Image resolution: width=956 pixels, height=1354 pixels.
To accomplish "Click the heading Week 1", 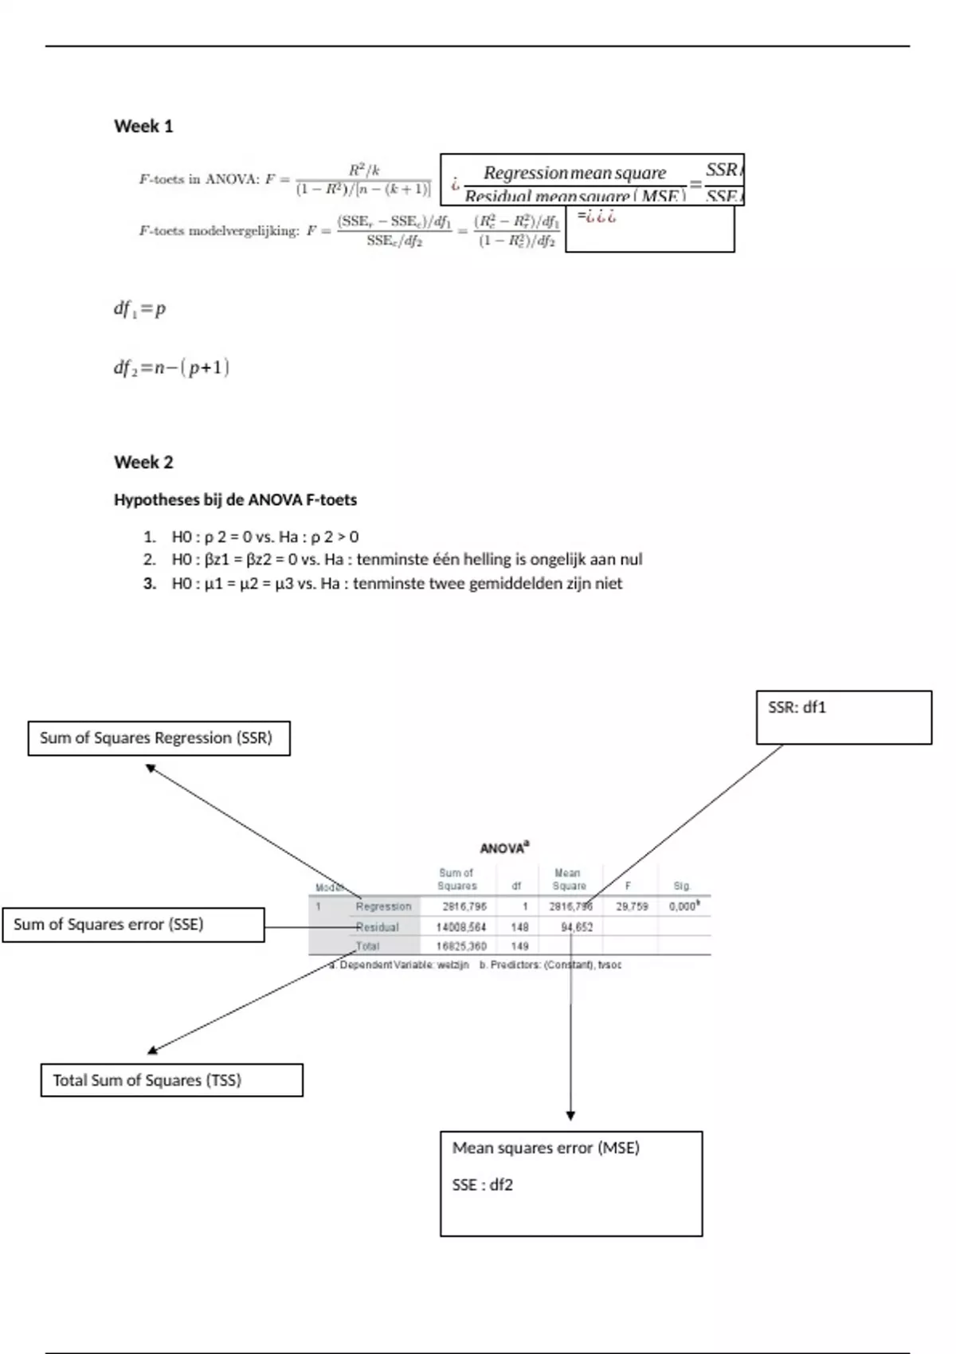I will point(143,126).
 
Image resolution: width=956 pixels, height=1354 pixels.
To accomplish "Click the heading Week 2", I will point(143,462).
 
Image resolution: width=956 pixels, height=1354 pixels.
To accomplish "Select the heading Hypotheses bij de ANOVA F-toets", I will point(235,500).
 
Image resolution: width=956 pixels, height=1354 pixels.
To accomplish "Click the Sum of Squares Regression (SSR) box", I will point(159,738).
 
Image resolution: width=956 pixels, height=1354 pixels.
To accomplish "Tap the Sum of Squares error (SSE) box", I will point(133,925).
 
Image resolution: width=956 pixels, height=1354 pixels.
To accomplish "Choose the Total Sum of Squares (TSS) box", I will point(171,1081).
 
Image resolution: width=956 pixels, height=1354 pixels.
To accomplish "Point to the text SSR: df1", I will point(797,707).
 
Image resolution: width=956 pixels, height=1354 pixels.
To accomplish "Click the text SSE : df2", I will point(482,1185).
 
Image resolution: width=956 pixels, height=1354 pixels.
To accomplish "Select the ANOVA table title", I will point(504,848).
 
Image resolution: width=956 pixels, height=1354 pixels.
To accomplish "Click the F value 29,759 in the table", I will point(632,906).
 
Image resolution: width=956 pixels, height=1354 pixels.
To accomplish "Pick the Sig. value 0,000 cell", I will point(684,906).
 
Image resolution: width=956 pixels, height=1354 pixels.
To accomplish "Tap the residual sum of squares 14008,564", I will point(461,927).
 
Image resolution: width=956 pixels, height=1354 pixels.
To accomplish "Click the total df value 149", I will point(519,946).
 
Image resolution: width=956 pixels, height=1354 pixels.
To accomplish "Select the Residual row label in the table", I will point(377,927).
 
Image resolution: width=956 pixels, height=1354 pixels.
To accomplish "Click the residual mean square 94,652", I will point(577,927).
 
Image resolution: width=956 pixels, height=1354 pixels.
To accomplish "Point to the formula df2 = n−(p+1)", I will point(171,368).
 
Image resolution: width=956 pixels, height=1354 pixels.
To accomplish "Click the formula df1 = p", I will point(140,309).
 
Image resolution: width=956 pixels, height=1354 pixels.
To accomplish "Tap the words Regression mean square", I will point(574,173).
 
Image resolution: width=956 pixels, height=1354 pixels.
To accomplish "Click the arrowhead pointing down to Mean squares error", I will point(570,1116).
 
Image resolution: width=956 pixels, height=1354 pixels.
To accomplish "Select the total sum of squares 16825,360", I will point(461,946).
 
